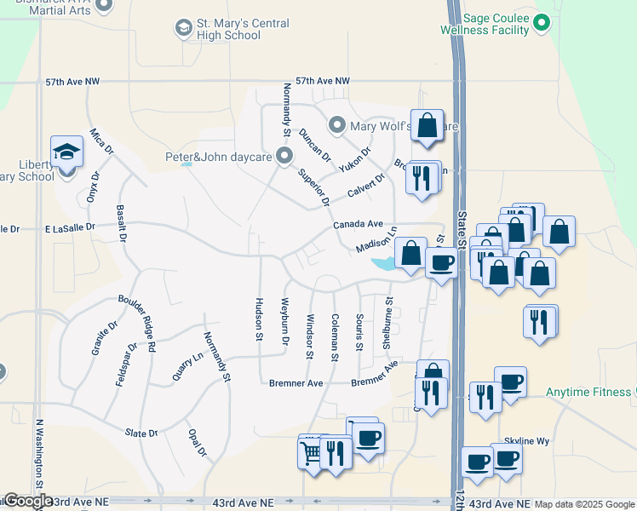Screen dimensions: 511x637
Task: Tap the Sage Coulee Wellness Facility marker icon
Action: click(540, 25)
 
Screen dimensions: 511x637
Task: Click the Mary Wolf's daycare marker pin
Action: click(337, 126)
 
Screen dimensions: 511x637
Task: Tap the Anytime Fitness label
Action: click(588, 392)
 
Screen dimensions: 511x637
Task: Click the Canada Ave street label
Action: click(358, 224)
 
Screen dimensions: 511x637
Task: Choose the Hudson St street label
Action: click(258, 319)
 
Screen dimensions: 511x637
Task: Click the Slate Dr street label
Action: click(141, 433)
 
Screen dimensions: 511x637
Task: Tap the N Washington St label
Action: click(39, 460)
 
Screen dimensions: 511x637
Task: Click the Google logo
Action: click(27, 501)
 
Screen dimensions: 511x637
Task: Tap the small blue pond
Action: click(382, 264)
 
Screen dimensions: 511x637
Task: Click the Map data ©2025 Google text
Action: click(583, 504)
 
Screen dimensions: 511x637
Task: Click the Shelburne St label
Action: click(387, 323)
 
